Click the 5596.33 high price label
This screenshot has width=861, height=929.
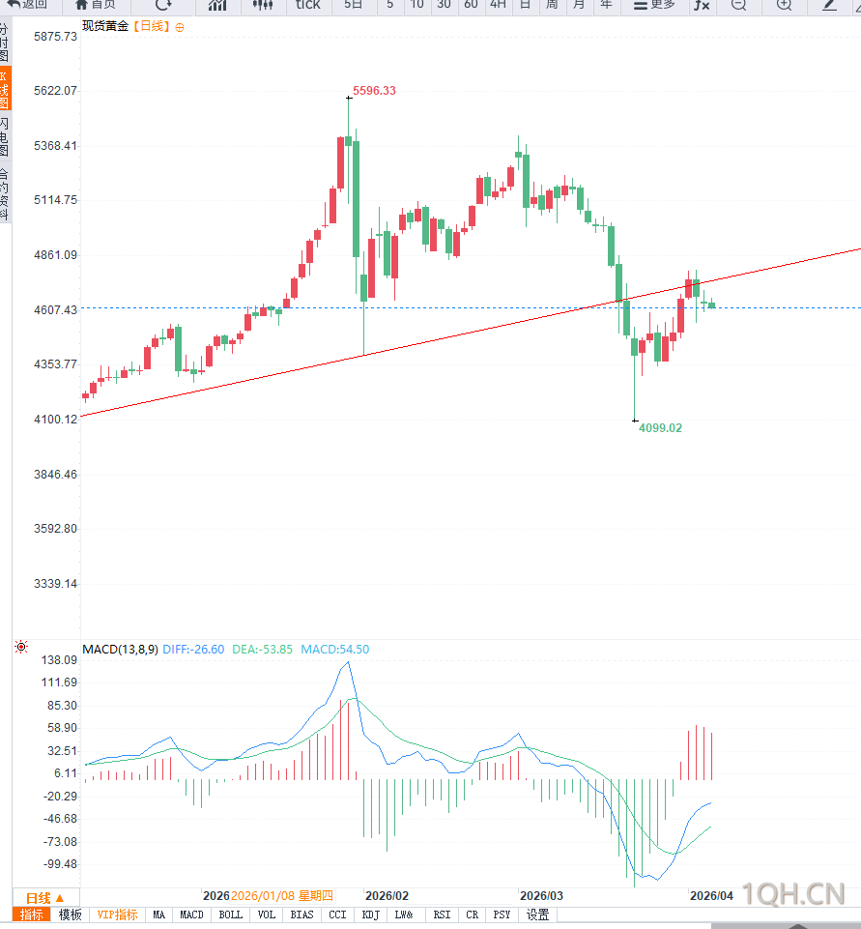point(374,91)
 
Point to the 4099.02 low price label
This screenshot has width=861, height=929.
point(660,427)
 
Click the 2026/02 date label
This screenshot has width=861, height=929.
point(387,896)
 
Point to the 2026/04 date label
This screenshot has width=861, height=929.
point(711,896)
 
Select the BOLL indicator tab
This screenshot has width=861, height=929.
point(230,914)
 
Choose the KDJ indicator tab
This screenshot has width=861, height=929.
point(370,914)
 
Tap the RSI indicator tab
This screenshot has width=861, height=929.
point(442,914)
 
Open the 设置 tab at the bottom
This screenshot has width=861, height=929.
point(537,914)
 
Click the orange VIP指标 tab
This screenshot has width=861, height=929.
point(117,914)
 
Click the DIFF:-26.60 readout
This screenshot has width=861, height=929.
point(193,650)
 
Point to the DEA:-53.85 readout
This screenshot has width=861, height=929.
point(262,650)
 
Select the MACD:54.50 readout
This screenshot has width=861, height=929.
point(334,650)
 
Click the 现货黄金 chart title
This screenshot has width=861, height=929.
point(105,26)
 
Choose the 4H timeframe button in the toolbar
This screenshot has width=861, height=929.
point(498,5)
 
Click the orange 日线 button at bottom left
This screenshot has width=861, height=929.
point(44,897)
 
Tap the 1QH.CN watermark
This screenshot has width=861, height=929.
point(793,894)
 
